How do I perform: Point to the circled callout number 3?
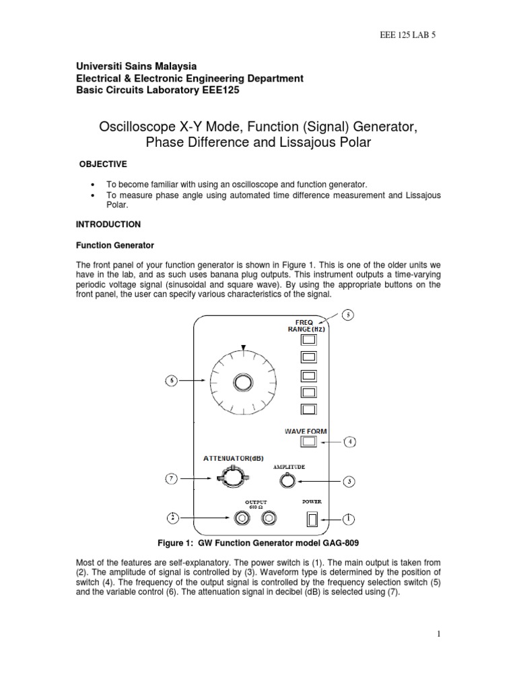click(x=349, y=481)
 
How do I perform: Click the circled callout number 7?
click(x=172, y=478)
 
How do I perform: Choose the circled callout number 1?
click(x=348, y=518)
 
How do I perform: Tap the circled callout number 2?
click(x=172, y=517)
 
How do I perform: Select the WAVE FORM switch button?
click(x=309, y=441)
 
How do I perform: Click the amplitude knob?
click(x=288, y=480)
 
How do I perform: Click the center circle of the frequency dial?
click(x=241, y=382)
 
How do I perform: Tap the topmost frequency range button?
click(x=309, y=340)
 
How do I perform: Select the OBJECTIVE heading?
click(x=100, y=164)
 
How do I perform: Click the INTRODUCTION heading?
click(x=107, y=224)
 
